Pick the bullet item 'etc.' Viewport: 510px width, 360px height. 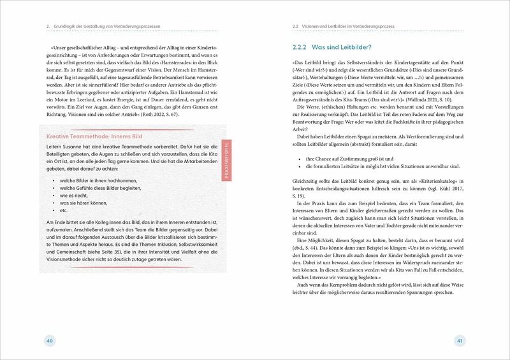tap(63, 211)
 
